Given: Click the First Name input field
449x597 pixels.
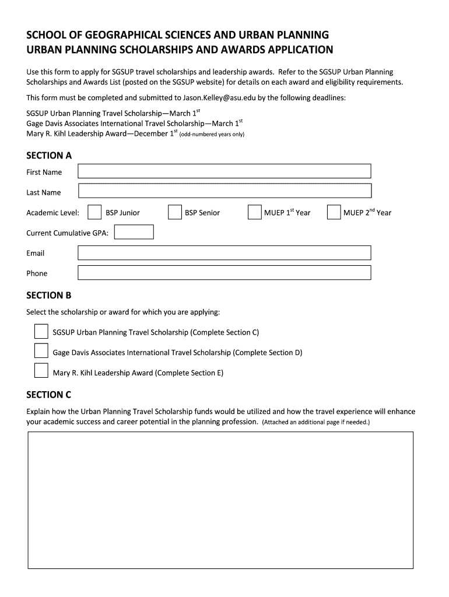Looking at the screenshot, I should [x=224, y=171].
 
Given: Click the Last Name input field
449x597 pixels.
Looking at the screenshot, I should [x=224, y=191].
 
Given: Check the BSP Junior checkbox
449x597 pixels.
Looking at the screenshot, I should [x=94, y=213].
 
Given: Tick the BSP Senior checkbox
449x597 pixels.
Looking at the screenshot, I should [x=174, y=213].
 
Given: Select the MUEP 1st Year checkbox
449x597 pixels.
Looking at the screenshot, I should [x=254, y=213].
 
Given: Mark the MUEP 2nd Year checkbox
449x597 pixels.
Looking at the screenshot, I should [x=334, y=213].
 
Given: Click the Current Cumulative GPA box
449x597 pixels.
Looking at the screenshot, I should [x=134, y=233].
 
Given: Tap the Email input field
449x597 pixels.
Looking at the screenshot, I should [x=224, y=252].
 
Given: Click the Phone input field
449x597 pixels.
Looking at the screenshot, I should [x=224, y=273].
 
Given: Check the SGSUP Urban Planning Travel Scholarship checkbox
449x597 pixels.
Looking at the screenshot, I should [x=41, y=332].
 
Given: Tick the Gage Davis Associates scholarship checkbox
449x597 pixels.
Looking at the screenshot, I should [x=41, y=352].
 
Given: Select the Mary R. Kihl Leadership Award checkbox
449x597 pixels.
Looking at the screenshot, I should [x=41, y=371].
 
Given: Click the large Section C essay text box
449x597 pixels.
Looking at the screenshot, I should [x=221, y=500].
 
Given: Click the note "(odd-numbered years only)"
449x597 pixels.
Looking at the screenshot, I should [x=212, y=134].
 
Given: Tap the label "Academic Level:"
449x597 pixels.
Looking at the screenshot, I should [x=52, y=213].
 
